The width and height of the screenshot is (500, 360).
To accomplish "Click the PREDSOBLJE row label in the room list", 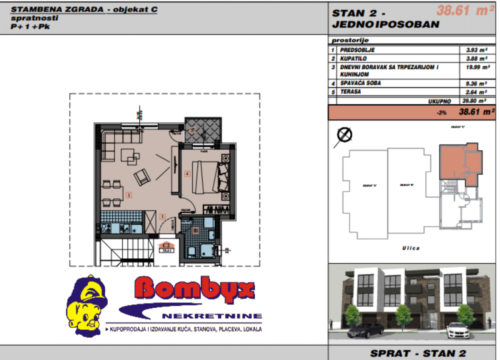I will pyautogui.click(x=357, y=50).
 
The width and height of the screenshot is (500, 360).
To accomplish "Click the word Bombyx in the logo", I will pyautogui.click(x=195, y=290).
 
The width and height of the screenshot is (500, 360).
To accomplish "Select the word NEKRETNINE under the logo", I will pyautogui.click(x=212, y=316).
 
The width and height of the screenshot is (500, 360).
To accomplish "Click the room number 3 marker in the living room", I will pyautogui.click(x=128, y=195).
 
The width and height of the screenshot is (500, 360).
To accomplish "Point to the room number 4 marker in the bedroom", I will pyautogui.click(x=186, y=174).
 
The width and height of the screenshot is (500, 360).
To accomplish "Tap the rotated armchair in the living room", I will pyautogui.click(x=142, y=175).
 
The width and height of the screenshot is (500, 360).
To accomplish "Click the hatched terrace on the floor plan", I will pyautogui.click(x=202, y=130).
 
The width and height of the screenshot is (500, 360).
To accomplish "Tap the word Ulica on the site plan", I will pyautogui.click(x=410, y=248).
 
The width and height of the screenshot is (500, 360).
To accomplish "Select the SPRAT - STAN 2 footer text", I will pyautogui.click(x=413, y=353).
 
